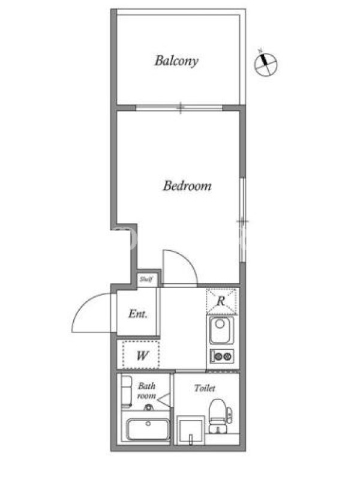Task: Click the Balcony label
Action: pyautogui.click(x=176, y=61)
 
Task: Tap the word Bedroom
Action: pyautogui.click(x=187, y=186)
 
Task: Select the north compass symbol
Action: pyautogui.click(x=265, y=63)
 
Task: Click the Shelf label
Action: pyautogui.click(x=146, y=279)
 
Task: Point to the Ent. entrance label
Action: pyautogui.click(x=138, y=314)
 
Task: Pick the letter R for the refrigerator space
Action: pyautogui.click(x=221, y=301)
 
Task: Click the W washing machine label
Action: pyautogui.click(x=142, y=356)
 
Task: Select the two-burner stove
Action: pyautogui.click(x=222, y=356)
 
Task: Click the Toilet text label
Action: pyautogui.click(x=205, y=388)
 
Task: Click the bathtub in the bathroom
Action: pyautogui.click(x=148, y=429)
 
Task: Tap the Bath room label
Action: pyautogui.click(x=146, y=391)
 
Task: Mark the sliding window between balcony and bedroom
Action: pyautogui.click(x=179, y=108)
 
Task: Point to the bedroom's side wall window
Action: pyautogui.click(x=243, y=220)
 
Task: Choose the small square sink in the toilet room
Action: pyautogui.click(x=191, y=430)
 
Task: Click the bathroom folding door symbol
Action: pyautogui.click(x=164, y=400)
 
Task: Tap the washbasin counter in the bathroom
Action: pyautogui.click(x=126, y=392)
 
